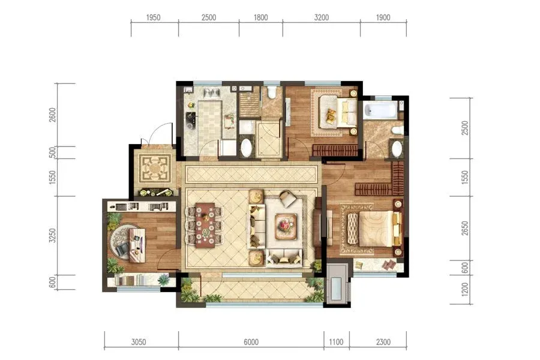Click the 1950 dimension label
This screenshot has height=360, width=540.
(153, 17)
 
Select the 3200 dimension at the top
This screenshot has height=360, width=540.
(322, 17)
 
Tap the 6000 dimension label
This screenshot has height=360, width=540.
(251, 342)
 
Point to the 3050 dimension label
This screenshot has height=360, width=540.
(139, 342)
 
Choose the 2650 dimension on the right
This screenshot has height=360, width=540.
(465, 229)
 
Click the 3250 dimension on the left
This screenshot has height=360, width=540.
(52, 236)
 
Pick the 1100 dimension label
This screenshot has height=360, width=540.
(336, 342)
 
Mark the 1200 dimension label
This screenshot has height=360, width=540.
(465, 289)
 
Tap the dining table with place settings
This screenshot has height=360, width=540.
(205, 225)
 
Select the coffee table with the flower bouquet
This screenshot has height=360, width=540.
(286, 226)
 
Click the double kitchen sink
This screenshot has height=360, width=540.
(212, 93)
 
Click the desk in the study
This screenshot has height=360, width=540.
(137, 245)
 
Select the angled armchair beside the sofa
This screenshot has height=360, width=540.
(288, 199)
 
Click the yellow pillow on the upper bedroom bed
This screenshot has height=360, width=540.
(331, 115)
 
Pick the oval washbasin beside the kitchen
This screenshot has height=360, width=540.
(246, 148)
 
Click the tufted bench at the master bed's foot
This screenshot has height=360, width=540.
(353, 229)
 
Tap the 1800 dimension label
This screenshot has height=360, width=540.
(261, 17)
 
